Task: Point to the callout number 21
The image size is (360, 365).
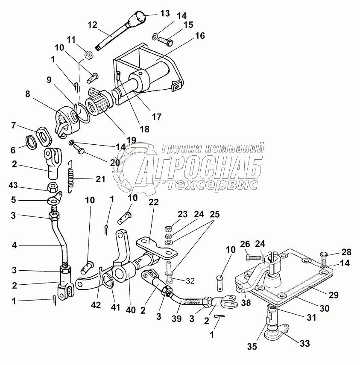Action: (100, 179)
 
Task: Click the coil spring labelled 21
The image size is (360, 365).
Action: (72, 176)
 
